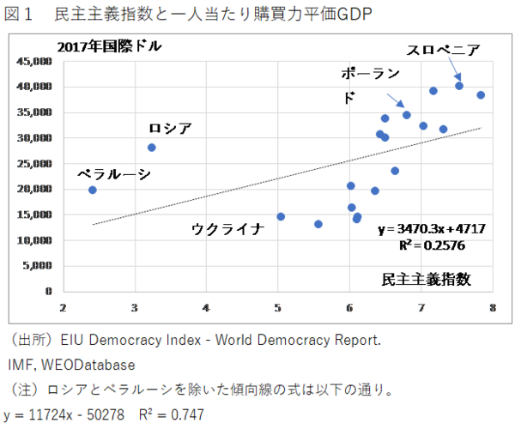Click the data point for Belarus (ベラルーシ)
pyautogui.click(x=93, y=190)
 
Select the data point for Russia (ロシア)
pyautogui.click(x=152, y=148)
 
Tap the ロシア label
pyautogui.click(x=170, y=129)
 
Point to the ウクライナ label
pyautogui.click(x=227, y=227)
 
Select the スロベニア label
pyautogui.click(x=443, y=49)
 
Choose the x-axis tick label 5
pyautogui.click(x=278, y=306)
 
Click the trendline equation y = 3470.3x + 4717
pyautogui.click(x=432, y=229)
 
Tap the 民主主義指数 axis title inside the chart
pyautogui.click(x=427, y=280)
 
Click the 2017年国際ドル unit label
pyautogui.click(x=109, y=46)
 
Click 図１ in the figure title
pyautogui.click(x=24, y=13)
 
